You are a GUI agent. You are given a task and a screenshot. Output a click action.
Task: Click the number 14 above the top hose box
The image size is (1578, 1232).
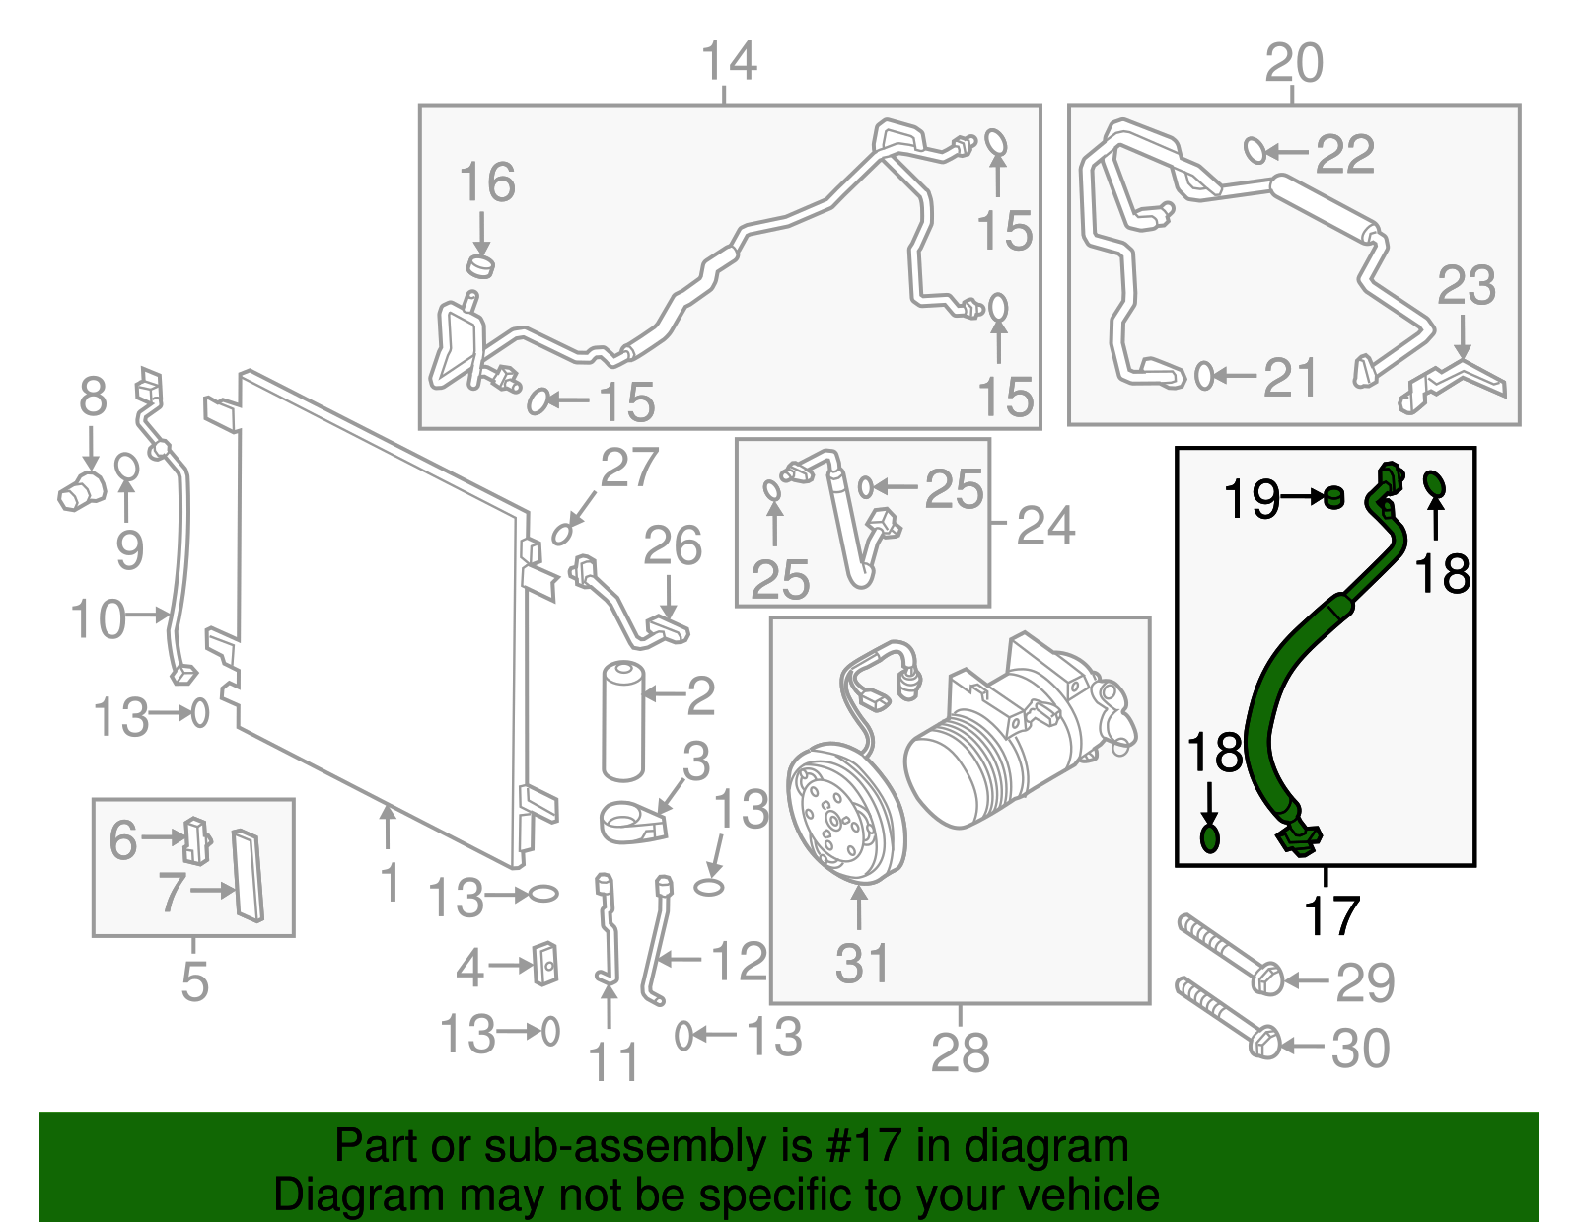(728, 61)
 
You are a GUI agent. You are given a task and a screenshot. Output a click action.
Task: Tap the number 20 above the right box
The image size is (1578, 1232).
(1293, 64)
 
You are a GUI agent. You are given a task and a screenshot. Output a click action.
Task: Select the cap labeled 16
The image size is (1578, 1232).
(479, 265)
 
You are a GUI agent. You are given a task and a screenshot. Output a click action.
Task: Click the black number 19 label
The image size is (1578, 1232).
(1252, 499)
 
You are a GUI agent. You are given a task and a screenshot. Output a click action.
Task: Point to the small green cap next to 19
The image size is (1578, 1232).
(1333, 496)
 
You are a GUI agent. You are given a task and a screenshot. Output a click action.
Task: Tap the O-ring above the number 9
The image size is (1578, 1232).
(126, 467)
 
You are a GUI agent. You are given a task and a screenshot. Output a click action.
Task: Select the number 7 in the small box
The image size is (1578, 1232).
(172, 892)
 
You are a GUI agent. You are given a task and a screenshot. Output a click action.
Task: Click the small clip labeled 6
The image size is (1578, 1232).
(197, 839)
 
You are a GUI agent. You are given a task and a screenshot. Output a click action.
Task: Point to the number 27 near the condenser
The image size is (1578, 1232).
(629, 468)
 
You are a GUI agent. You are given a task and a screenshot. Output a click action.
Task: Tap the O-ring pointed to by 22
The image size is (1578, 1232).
(1255, 151)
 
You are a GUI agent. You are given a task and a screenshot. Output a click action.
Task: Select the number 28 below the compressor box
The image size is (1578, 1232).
(960, 1053)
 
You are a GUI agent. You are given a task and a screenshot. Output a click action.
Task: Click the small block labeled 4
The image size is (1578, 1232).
(544, 964)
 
